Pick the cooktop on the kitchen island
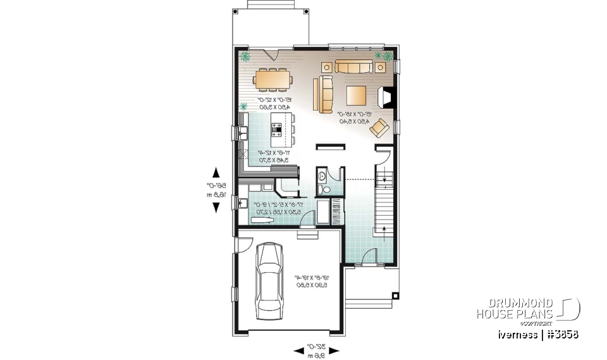click(x=277, y=130)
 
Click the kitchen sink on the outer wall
click(x=242, y=133)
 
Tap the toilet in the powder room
click(x=323, y=189)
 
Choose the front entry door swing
click(x=371, y=256)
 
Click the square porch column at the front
click(x=396, y=295)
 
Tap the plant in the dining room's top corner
click(x=245, y=57)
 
